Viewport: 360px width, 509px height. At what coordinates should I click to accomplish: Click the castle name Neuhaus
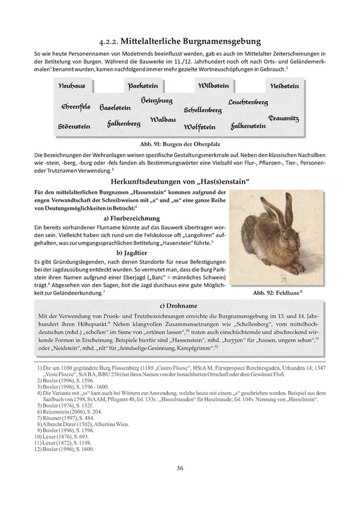click(x=72, y=86)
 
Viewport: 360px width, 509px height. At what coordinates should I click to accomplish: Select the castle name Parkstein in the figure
click(x=142, y=86)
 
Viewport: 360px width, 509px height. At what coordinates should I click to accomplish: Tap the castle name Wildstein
click(x=214, y=86)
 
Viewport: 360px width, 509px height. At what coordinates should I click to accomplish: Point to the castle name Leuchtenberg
click(x=248, y=103)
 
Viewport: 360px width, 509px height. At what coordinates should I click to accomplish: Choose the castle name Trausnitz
click(x=284, y=119)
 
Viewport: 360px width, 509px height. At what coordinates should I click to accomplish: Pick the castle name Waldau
click(x=163, y=119)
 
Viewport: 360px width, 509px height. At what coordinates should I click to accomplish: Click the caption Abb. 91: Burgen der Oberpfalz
click(x=179, y=145)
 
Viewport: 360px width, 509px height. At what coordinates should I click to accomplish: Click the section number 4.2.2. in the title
click(x=110, y=41)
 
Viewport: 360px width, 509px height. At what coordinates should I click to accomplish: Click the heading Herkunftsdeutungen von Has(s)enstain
click(x=179, y=182)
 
